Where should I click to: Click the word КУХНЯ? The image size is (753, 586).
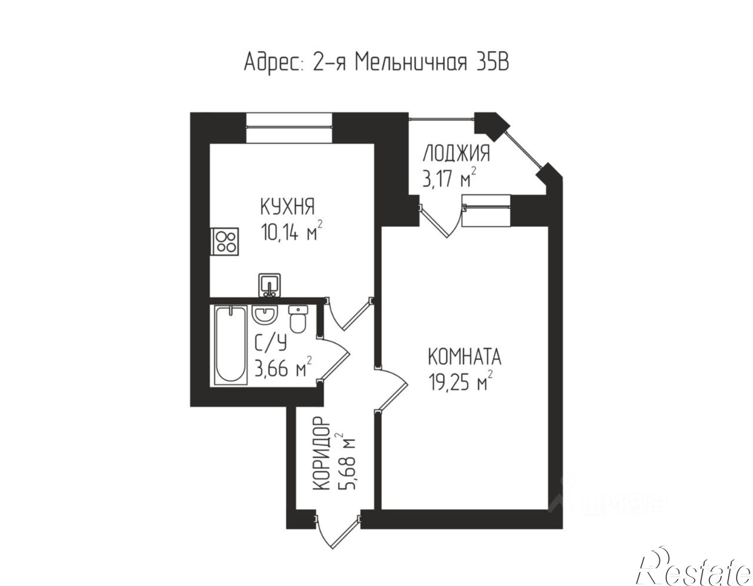click(x=287, y=207)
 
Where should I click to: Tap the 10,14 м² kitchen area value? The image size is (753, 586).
click(x=292, y=233)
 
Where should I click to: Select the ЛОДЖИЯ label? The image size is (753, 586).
click(x=456, y=154)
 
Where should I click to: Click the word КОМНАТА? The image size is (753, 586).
click(x=465, y=357)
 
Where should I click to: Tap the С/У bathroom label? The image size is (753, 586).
click(x=271, y=343)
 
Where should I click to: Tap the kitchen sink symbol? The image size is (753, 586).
click(x=269, y=285)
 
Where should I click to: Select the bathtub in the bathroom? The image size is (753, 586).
click(x=230, y=345)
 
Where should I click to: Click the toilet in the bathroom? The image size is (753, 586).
click(x=298, y=320)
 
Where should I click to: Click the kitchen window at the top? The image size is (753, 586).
click(x=289, y=128)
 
